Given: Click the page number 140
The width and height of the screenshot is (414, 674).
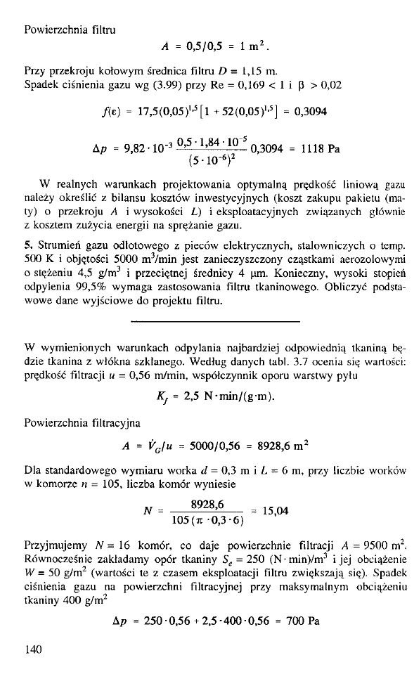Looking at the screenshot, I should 33,649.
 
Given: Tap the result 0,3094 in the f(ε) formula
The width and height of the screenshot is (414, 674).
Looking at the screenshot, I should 306,112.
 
